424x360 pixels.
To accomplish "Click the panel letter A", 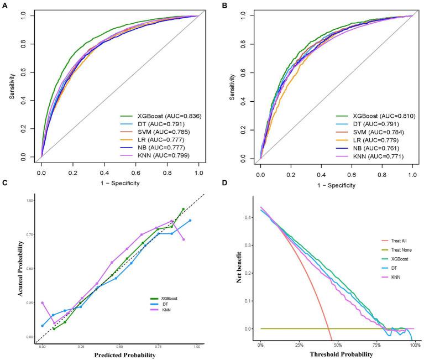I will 4,6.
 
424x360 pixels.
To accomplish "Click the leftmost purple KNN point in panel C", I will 42,303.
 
